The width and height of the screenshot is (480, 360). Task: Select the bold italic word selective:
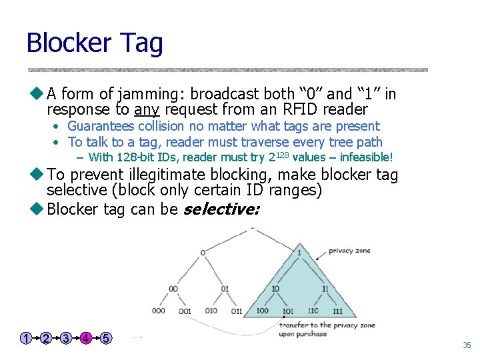221,209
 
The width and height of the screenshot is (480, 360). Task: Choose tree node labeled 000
159,311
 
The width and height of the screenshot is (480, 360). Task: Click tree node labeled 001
185,311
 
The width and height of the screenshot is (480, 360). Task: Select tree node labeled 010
211,311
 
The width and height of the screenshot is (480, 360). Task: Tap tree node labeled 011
236,311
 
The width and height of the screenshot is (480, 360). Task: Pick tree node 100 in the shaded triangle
262,311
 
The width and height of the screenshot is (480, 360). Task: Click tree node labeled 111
337,311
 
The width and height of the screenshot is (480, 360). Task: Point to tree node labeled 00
173,289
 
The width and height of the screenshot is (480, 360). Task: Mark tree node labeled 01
225,289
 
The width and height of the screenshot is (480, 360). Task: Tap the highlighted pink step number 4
86,338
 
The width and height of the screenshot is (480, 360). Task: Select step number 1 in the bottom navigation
25,338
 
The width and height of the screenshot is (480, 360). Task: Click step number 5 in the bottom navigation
106,338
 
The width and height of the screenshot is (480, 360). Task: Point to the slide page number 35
467,345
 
